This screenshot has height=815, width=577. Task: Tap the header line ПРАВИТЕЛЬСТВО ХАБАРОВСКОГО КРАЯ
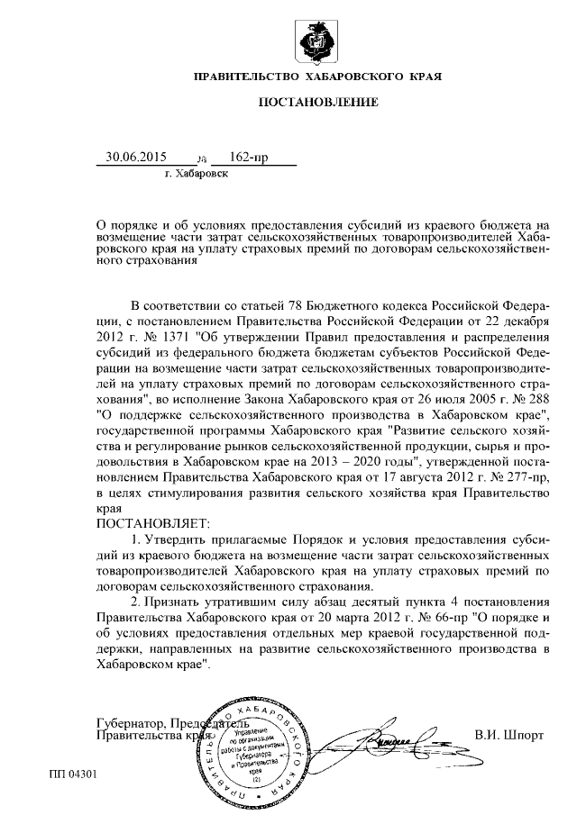[x=317, y=77]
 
